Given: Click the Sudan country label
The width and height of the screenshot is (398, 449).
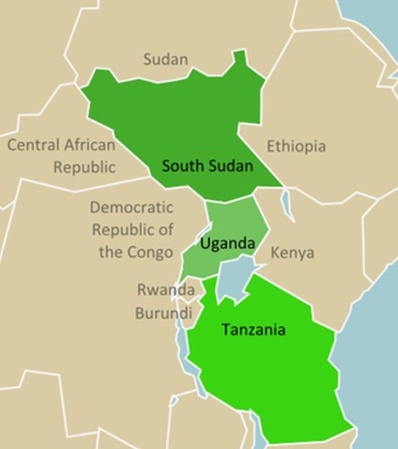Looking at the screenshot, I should click(x=166, y=59).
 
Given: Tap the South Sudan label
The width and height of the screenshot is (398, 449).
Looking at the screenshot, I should click(x=207, y=166).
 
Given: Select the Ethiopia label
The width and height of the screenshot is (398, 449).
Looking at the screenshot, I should click(x=296, y=146).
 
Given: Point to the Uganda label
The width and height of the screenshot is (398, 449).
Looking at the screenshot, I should click(x=227, y=243).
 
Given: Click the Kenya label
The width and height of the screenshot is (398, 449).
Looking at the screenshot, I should click(x=292, y=253).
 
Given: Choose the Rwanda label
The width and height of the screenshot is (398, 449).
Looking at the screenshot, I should click(x=166, y=290).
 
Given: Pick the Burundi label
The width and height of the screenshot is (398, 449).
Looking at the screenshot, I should click(x=163, y=313).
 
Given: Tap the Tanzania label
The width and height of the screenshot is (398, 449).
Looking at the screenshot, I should click(x=253, y=329).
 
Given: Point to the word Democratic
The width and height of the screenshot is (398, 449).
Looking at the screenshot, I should click(x=131, y=207).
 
